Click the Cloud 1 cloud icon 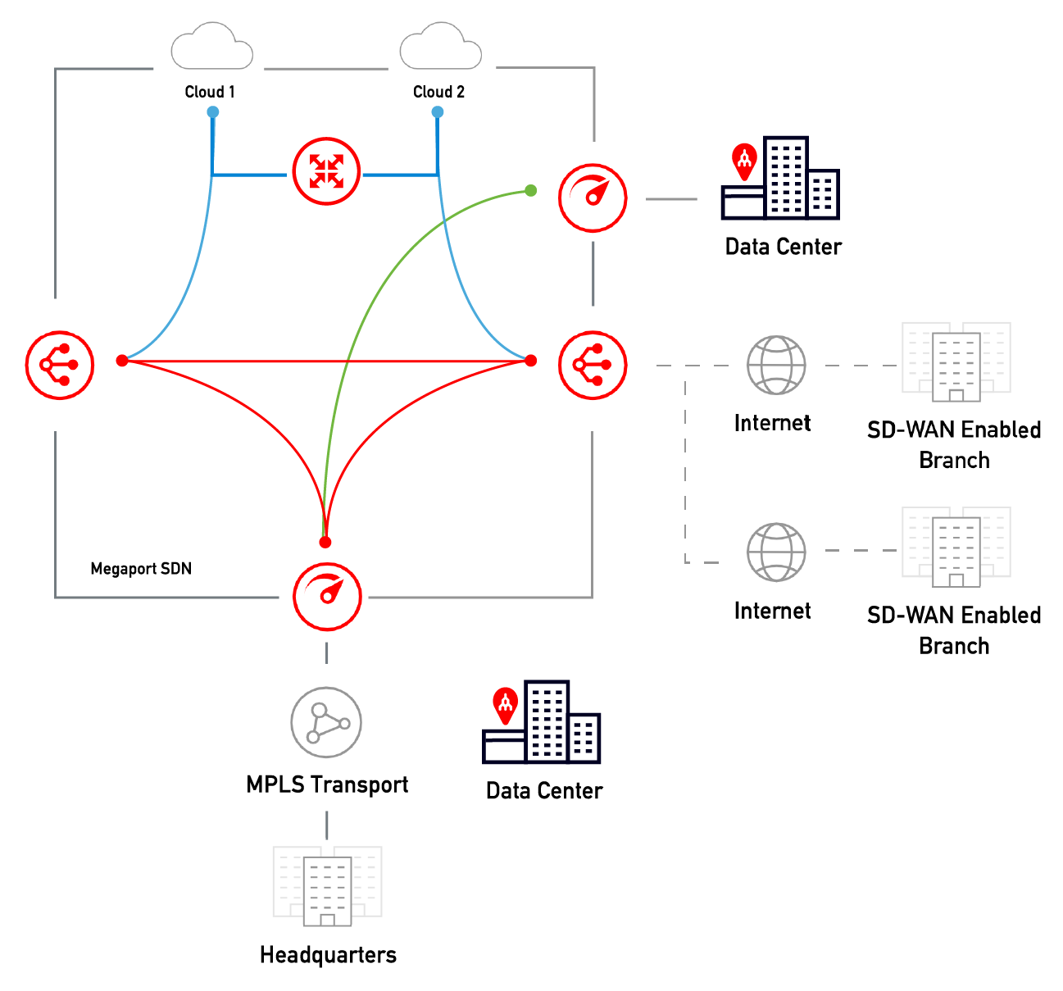pos(211,48)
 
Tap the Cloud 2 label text pos(438,92)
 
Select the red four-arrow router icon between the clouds pos(326,172)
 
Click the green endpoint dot pos(531,191)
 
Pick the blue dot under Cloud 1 pos(213,111)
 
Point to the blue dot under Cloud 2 pos(438,111)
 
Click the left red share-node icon pos(60,365)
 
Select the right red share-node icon pos(593,365)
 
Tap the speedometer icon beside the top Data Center pos(593,198)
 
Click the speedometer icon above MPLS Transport pos(327,596)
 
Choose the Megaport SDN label pos(141,569)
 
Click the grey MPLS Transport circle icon pos(326,722)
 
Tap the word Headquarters pos(328,955)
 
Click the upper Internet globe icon pos(776,365)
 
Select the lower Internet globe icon pos(776,552)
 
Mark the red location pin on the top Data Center pos(744,161)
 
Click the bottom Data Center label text pos(544,791)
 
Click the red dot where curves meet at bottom pos(325,543)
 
